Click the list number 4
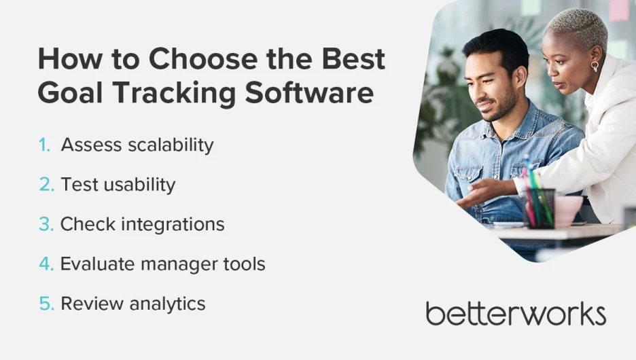click(46, 264)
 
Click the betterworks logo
click(516, 314)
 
